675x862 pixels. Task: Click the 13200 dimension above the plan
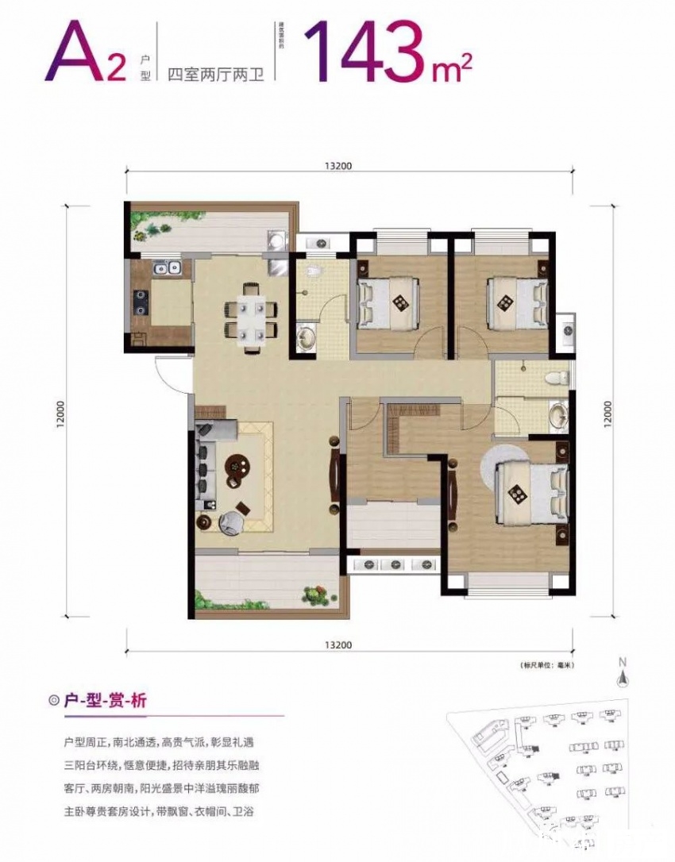pos(337,166)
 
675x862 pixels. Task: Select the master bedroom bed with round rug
pos(530,494)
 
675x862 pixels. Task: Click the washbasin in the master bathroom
pos(558,415)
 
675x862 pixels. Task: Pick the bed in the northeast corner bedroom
pos(515,302)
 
